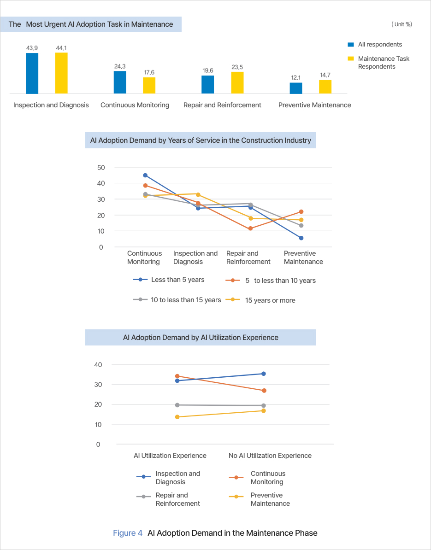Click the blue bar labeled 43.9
[32, 73]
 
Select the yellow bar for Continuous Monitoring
[149, 85]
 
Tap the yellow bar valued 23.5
[237, 82]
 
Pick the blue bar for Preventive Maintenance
[296, 88]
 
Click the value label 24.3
[120, 66]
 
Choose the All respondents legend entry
[379, 45]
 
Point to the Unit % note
[401, 24]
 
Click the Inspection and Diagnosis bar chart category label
[51, 105]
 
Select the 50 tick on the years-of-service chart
[101, 167]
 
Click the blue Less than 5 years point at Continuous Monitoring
[145, 176]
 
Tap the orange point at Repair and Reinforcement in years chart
[250, 228]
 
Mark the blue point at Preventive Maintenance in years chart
[301, 238]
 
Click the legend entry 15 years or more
[270, 300]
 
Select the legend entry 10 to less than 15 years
[186, 300]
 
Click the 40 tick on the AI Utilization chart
[98, 364]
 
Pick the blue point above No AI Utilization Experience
[264, 374]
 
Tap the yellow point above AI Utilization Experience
[177, 417]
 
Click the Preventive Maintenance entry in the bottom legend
[270, 499]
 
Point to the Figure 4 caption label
[128, 533]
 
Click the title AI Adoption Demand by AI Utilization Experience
[201, 337]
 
